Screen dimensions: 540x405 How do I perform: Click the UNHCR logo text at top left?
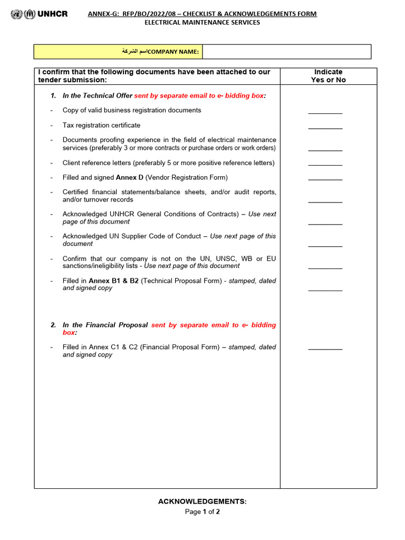click(52, 14)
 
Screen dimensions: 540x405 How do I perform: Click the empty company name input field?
click(286, 52)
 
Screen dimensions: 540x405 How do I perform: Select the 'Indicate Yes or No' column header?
click(328, 76)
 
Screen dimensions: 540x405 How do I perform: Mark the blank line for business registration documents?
click(325, 112)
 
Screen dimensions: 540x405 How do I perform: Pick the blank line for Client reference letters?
click(325, 165)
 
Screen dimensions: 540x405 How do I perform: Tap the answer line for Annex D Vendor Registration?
click(325, 179)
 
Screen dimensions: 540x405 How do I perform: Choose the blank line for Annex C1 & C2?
click(325, 349)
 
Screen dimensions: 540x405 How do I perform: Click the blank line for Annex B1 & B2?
click(325, 290)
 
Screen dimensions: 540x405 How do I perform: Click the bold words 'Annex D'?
click(129, 178)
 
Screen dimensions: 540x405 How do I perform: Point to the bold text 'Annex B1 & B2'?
click(113, 281)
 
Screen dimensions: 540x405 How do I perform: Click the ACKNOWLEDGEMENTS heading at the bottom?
click(202, 502)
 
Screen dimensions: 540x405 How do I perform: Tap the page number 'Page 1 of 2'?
click(202, 512)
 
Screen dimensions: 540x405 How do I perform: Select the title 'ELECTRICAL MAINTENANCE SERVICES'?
click(202, 23)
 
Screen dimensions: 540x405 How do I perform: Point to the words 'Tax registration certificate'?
click(101, 126)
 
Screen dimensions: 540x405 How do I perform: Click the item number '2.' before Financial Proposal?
click(53, 325)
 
